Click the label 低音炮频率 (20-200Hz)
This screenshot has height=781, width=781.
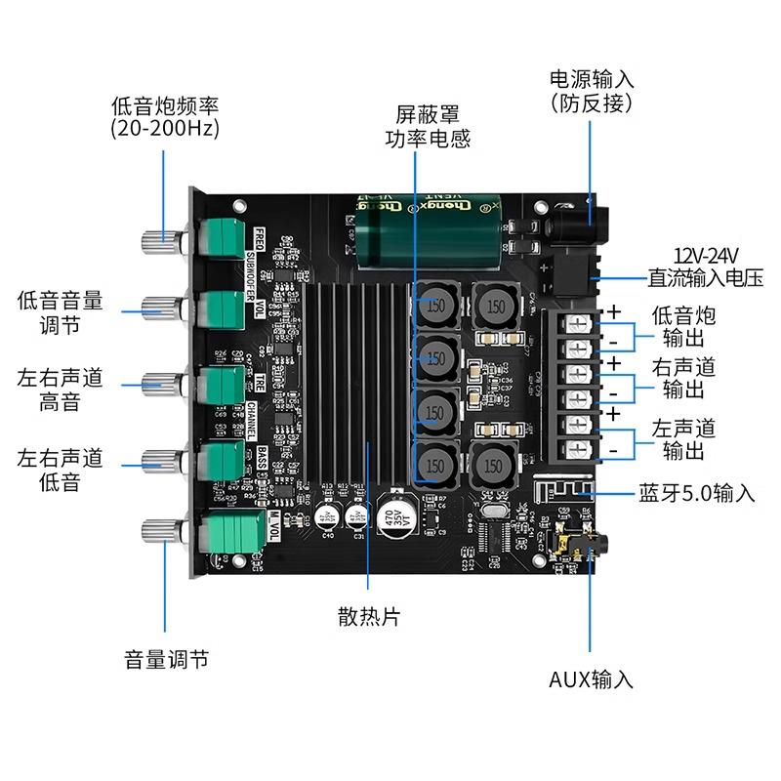point(164,116)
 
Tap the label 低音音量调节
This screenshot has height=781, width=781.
point(60,311)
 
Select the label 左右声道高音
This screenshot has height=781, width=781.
point(60,390)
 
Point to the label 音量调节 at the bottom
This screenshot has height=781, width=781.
point(166,659)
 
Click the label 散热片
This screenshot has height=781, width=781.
point(368,617)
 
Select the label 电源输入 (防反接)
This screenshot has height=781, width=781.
point(592,90)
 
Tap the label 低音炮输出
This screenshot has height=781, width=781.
point(682,327)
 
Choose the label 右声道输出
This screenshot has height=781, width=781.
point(682,379)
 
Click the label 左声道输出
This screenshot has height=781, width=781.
point(682,439)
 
